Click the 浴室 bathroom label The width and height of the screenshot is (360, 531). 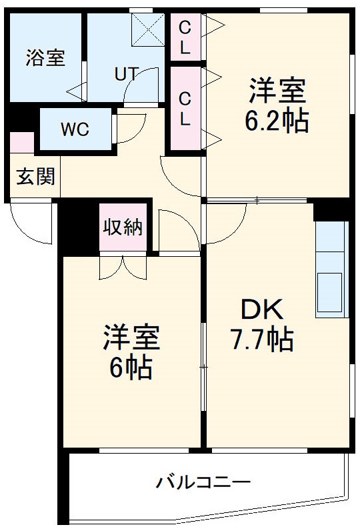tap(45, 57)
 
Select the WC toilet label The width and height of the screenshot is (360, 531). tap(75, 129)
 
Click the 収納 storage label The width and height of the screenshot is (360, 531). tap(123, 227)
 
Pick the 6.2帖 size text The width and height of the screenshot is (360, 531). tap(278, 121)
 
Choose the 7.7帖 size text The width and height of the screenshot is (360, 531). tap(262, 341)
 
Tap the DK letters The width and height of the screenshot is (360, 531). tap(262, 310)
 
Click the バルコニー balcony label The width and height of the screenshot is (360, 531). tap(203, 482)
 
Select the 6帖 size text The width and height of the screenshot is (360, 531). tap(131, 368)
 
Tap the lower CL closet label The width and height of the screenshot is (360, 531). tap(185, 109)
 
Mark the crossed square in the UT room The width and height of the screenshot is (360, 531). tap(147, 30)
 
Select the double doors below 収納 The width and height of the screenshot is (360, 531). tap(123, 267)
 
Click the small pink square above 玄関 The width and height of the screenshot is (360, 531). tap(21, 143)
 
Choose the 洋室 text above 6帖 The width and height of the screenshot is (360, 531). tap(131, 338)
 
